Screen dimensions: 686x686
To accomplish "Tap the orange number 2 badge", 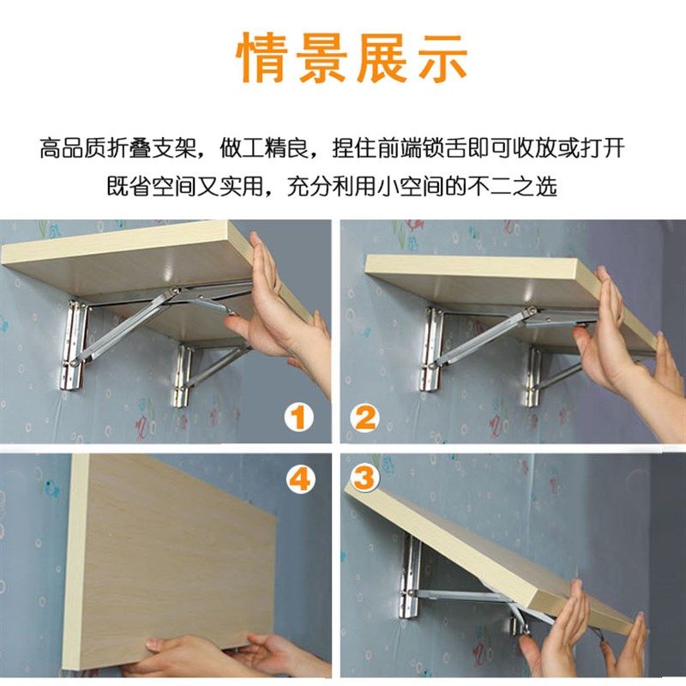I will click(x=366, y=419).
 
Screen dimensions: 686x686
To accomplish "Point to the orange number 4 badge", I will click(x=299, y=479).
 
